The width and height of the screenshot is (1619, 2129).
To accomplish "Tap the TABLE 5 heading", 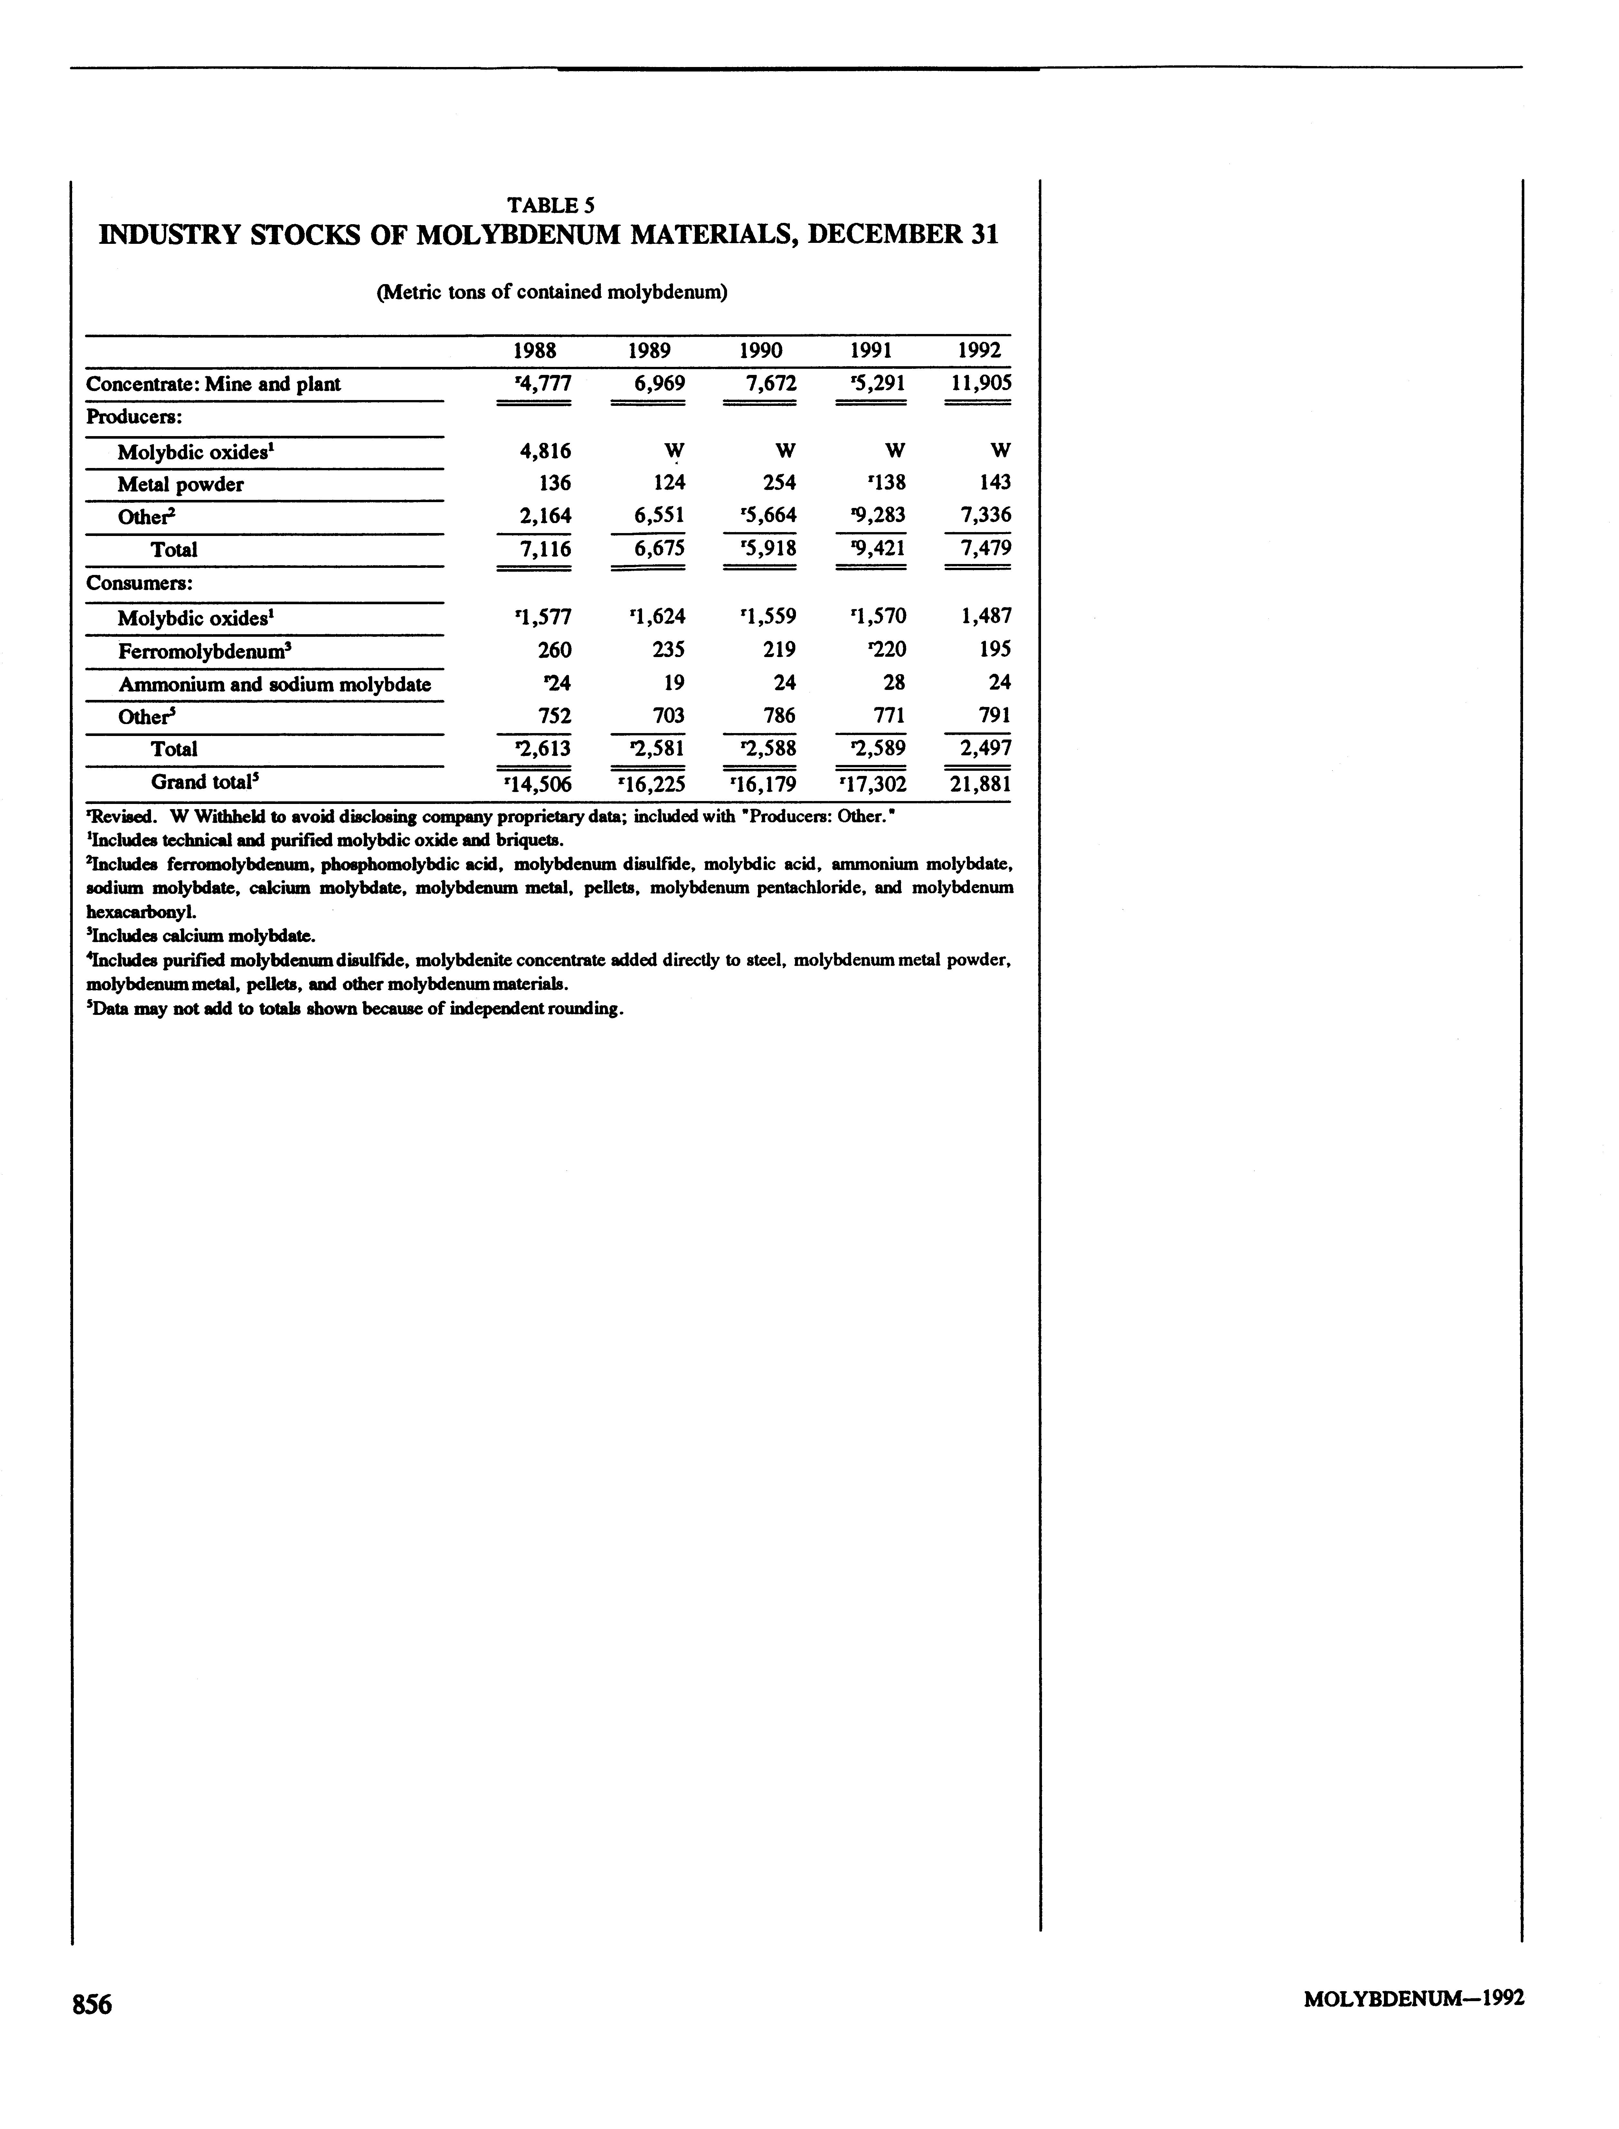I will click(551, 205).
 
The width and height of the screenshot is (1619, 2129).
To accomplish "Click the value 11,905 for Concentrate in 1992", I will click(980, 384).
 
